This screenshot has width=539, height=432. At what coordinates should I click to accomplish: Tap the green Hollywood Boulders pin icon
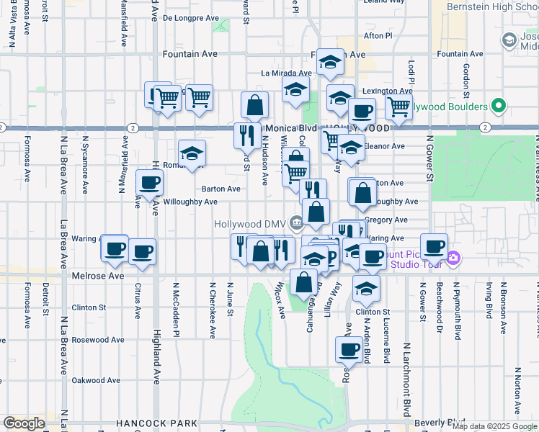tap(498, 107)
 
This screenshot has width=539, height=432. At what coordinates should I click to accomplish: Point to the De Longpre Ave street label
tap(190, 18)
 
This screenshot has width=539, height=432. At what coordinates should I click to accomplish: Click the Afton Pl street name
tap(378, 35)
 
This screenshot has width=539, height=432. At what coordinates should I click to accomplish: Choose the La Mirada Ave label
tap(285, 73)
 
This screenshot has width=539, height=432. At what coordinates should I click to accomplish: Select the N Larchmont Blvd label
tap(406, 379)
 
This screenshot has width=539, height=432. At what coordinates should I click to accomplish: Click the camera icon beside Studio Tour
tap(453, 258)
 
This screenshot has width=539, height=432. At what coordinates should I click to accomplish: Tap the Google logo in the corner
tap(24, 423)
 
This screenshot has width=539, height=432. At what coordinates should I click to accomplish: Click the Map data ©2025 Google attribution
tap(494, 426)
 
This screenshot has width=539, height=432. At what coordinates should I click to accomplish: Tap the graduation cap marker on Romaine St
tap(192, 153)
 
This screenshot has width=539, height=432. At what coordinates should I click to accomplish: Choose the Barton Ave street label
tap(221, 189)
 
